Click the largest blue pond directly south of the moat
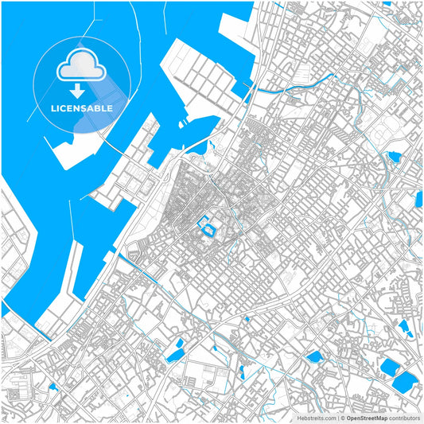(x=179, y=347)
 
